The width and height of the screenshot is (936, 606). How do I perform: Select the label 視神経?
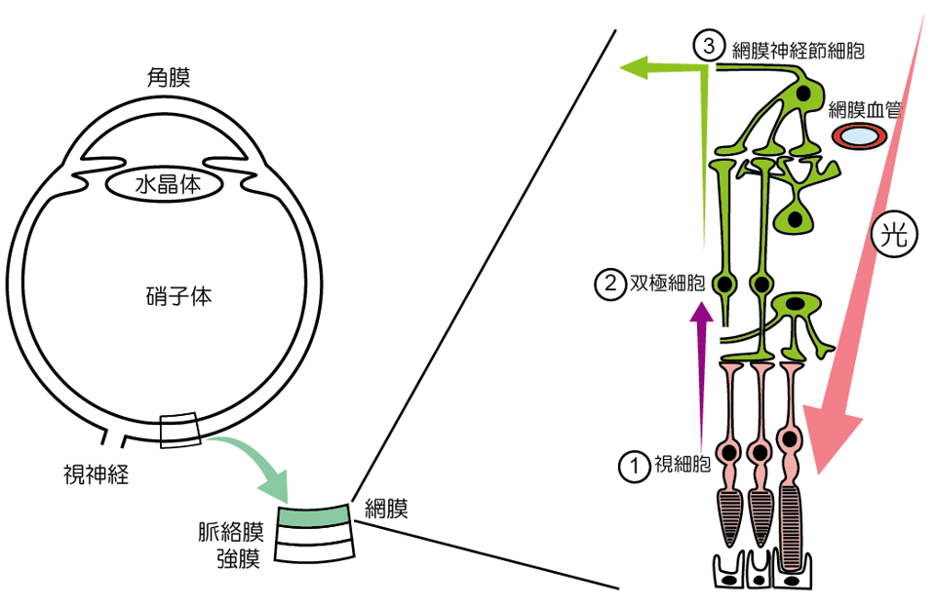(x=96, y=474)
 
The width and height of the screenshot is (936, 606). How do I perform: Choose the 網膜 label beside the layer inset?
(x=386, y=508)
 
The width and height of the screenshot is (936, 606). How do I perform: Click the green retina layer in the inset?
(x=314, y=514)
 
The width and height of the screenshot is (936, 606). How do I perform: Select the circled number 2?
(x=607, y=284)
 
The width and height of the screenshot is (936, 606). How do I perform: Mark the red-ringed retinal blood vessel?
(x=859, y=137)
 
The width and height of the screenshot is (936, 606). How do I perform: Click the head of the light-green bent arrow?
(x=640, y=67)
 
